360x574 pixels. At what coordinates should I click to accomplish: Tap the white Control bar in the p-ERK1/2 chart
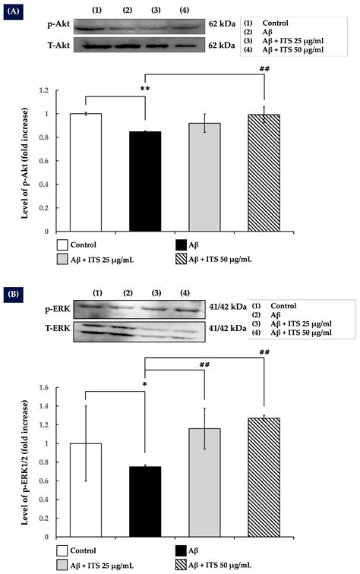[85, 490]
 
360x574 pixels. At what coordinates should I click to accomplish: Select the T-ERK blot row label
[36, 328]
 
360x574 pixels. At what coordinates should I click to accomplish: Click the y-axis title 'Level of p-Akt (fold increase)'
[25, 160]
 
